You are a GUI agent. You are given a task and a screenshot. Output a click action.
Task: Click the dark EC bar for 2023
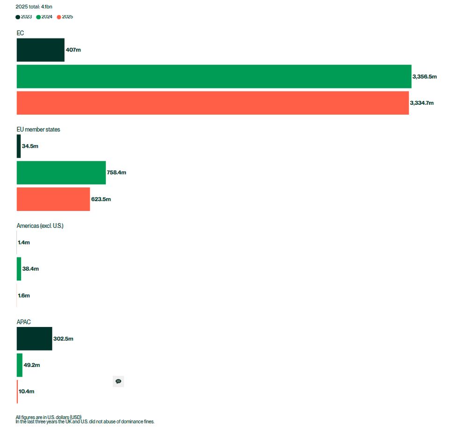40,50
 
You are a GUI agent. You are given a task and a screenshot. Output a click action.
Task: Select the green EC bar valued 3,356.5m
214,76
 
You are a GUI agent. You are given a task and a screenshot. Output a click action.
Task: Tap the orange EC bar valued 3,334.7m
212,103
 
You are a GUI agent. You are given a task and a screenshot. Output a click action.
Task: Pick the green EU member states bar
61,173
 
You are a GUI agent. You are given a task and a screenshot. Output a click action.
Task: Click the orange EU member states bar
53,199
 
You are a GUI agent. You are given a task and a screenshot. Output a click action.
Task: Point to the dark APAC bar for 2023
34,339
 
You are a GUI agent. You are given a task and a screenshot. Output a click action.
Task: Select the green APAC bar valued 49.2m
20,365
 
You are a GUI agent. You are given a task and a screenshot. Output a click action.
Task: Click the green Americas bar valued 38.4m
19,269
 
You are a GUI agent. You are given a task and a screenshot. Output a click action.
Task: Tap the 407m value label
73,50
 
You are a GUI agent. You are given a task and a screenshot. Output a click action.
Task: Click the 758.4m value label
117,173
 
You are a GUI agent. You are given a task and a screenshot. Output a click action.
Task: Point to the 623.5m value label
101,199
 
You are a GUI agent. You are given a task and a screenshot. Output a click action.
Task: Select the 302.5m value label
63,339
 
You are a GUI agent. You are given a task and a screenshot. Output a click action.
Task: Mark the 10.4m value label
27,392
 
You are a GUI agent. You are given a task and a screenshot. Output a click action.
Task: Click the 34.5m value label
30,146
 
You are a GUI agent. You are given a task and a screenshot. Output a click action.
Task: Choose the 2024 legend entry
44,17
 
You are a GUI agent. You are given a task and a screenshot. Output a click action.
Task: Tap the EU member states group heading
38,130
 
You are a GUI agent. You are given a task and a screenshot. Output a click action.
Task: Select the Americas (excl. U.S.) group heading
40,226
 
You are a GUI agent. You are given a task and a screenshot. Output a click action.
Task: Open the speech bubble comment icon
118,382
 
